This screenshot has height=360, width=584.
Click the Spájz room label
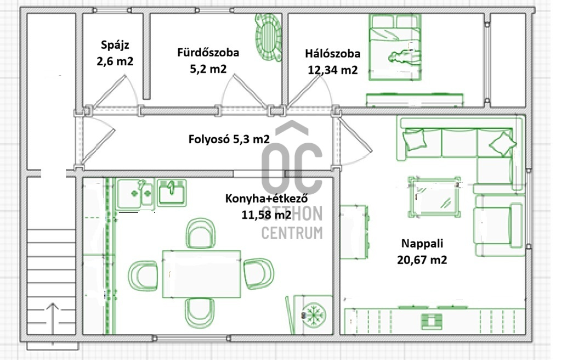(x=115, y=45)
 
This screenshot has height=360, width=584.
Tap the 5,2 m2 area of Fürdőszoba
(x=208, y=69)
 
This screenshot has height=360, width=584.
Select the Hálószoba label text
(x=333, y=54)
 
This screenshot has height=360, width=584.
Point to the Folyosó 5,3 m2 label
(x=229, y=139)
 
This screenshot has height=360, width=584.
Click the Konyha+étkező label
(x=267, y=198)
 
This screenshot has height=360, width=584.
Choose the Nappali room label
(x=422, y=243)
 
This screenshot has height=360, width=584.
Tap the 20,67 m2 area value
(x=422, y=260)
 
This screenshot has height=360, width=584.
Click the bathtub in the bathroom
(x=268, y=37)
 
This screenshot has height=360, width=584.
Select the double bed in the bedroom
(x=395, y=47)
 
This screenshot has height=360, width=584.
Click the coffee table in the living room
(x=434, y=196)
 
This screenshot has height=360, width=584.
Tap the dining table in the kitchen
(x=201, y=274)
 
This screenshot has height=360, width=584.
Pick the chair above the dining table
(x=200, y=233)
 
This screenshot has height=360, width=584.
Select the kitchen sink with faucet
(x=172, y=192)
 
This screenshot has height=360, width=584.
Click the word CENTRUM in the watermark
(x=292, y=233)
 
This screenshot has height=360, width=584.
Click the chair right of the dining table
(x=259, y=273)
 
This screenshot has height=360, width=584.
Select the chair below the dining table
(x=200, y=313)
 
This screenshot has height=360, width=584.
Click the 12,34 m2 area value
(x=333, y=70)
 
